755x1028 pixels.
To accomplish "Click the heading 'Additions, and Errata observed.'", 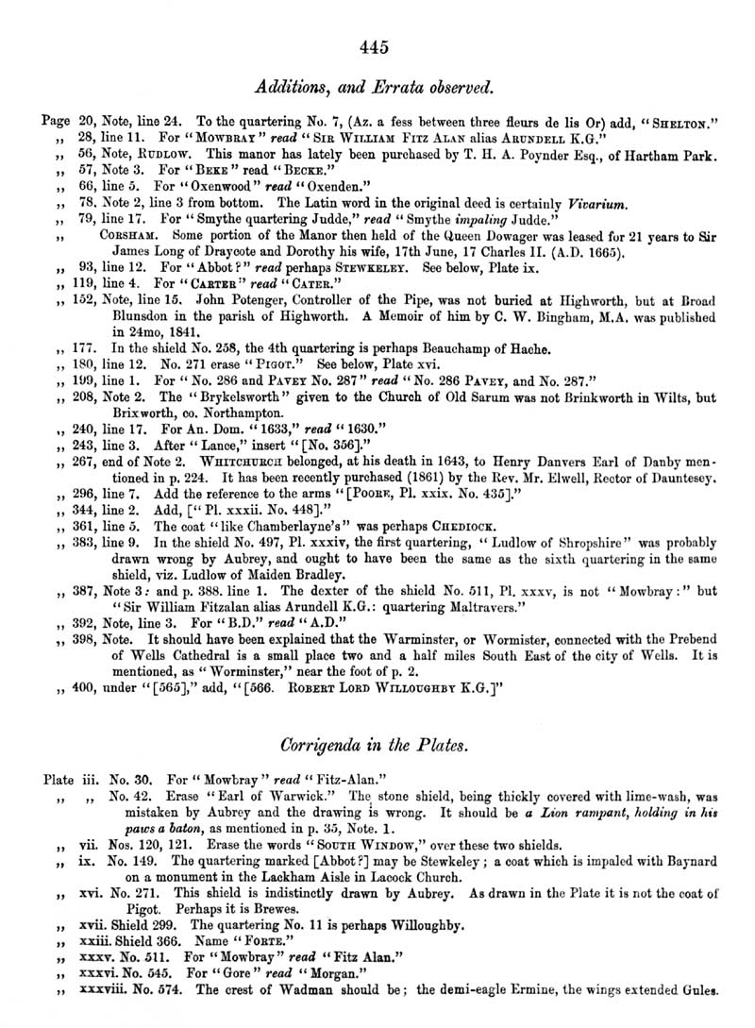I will coord(376,88).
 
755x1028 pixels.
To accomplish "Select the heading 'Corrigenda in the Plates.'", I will coord(376,745).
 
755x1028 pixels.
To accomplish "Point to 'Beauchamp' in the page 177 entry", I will coord(445,348).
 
